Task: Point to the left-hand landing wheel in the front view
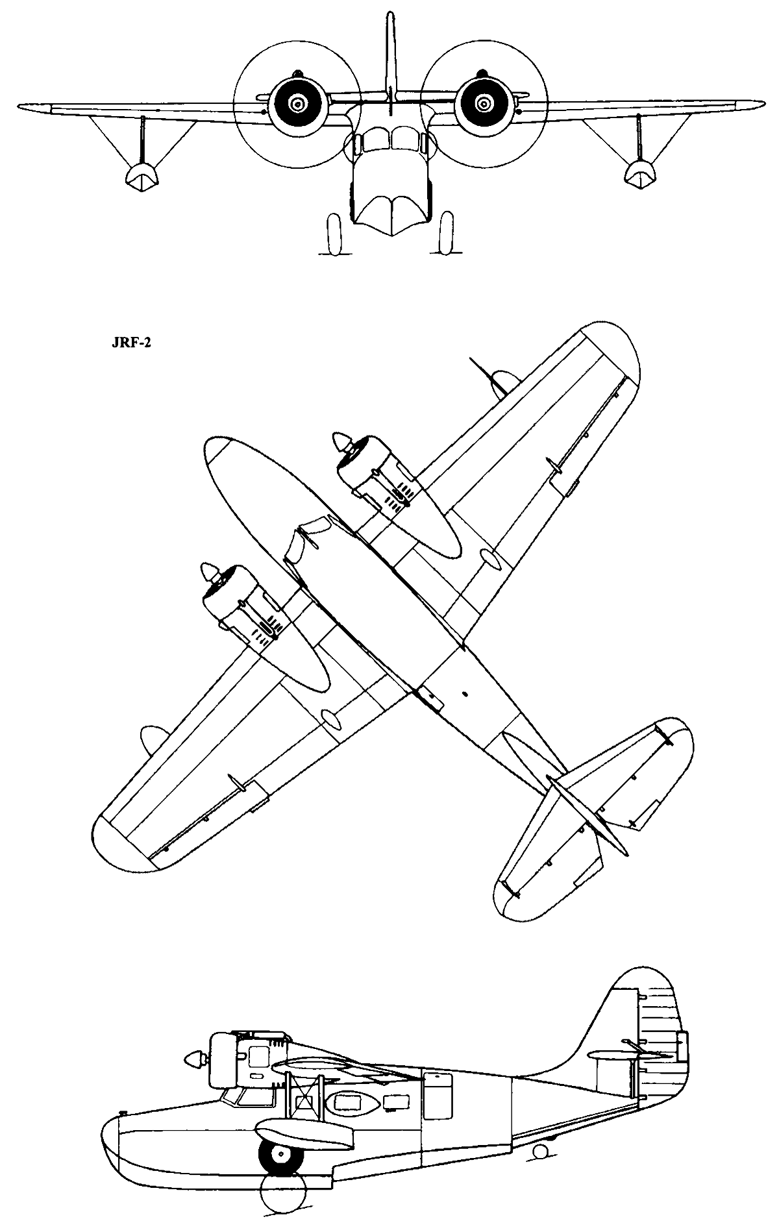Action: click(x=334, y=234)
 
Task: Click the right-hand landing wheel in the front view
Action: click(x=445, y=233)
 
